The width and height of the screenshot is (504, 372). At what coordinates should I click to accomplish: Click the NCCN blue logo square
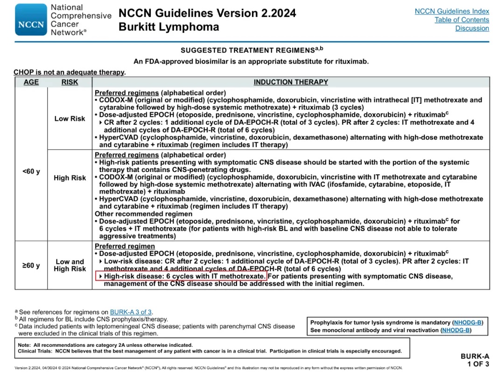pos(31,20)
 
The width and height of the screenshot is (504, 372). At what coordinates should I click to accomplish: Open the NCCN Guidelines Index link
pos(452,11)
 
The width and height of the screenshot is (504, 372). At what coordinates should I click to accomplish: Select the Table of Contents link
pos(462,20)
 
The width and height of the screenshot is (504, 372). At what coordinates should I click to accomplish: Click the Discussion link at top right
pos(472,29)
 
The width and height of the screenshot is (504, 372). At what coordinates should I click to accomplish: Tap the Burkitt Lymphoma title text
pos(168,27)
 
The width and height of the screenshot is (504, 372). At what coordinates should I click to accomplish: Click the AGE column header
pos(31,82)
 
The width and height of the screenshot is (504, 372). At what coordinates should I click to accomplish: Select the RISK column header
pos(70,82)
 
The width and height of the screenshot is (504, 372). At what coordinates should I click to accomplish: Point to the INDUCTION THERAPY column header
pos(291,82)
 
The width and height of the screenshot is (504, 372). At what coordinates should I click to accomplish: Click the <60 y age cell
pos(31,172)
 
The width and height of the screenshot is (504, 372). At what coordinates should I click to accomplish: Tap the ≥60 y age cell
pos(31,265)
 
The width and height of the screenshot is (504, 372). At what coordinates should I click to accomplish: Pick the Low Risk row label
pos(70,119)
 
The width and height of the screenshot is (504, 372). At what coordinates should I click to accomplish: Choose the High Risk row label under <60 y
pos(70,178)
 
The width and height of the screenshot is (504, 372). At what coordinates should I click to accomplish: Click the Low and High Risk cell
pos(70,265)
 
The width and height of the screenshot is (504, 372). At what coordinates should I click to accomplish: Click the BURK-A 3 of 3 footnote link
pos(131,312)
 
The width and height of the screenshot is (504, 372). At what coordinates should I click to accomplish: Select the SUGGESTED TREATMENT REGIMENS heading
pos(252,50)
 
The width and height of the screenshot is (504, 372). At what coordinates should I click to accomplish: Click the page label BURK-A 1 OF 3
pos(475,360)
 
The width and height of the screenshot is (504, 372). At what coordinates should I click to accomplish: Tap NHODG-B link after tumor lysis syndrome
pos(468,322)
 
